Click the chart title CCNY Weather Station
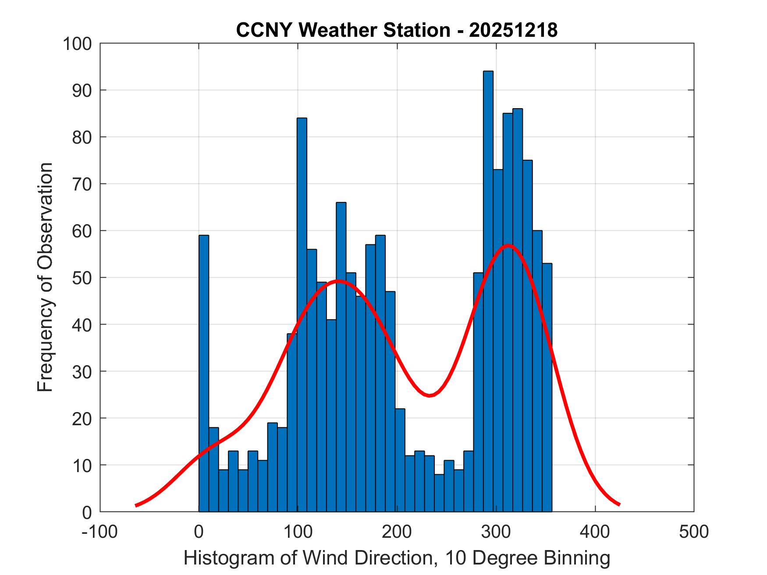(x=397, y=30)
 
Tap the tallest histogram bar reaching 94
(x=488, y=289)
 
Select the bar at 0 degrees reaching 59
(x=204, y=372)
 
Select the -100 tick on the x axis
(x=99, y=532)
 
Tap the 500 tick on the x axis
(x=693, y=532)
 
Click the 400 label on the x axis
(x=595, y=532)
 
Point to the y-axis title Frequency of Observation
(x=45, y=278)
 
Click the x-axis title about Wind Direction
(x=397, y=558)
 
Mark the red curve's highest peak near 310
(x=508, y=245)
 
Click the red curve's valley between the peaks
(x=430, y=395)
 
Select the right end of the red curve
(x=619, y=504)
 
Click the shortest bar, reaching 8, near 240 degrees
(x=439, y=493)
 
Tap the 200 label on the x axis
(x=397, y=532)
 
